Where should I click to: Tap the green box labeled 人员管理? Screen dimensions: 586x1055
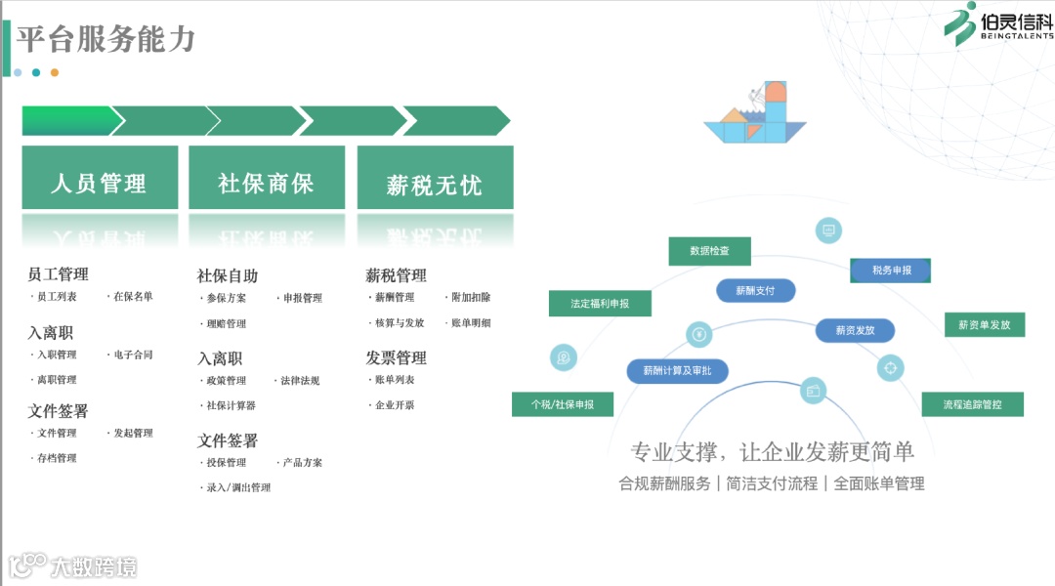pyautogui.click(x=100, y=183)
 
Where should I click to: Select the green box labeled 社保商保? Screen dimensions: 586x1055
pyautogui.click(x=266, y=183)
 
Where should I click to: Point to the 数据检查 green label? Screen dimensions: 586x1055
pyautogui.click(x=709, y=251)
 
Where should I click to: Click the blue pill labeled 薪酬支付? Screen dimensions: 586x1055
pyautogui.click(x=755, y=290)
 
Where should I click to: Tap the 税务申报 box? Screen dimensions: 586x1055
pyautogui.click(x=891, y=271)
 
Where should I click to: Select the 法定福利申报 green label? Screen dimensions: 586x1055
pyautogui.click(x=600, y=304)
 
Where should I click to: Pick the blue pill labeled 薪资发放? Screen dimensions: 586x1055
pyautogui.click(x=855, y=331)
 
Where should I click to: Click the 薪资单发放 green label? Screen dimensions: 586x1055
pyautogui.click(x=985, y=324)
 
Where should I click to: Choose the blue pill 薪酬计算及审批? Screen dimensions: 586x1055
pyautogui.click(x=677, y=371)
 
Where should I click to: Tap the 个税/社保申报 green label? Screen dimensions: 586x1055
pyautogui.click(x=562, y=403)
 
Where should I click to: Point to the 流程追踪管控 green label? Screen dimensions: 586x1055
pyautogui.click(x=972, y=403)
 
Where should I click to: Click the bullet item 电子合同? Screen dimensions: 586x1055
pyautogui.click(x=134, y=355)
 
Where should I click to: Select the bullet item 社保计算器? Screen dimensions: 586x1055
pyautogui.click(x=231, y=405)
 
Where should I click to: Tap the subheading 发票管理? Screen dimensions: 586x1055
pyautogui.click(x=396, y=357)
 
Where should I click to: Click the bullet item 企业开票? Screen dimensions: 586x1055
pyautogui.click(x=395, y=405)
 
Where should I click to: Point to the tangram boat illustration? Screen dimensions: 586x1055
pyautogui.click(x=755, y=114)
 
